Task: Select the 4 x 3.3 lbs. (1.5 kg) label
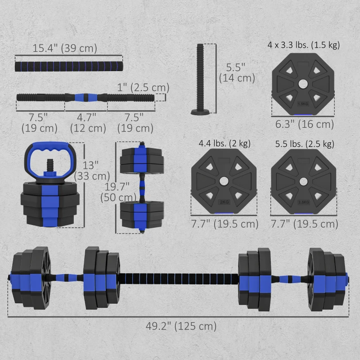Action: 303,45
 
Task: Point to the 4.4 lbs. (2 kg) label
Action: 225,144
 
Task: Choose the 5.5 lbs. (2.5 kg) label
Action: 305,144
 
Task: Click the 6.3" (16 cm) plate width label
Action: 305,124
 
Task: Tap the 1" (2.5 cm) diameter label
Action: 143,87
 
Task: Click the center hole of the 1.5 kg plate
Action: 303,83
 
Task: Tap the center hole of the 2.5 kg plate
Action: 303,180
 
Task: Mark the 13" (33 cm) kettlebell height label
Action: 93,170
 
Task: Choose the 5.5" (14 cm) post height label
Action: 237,72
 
